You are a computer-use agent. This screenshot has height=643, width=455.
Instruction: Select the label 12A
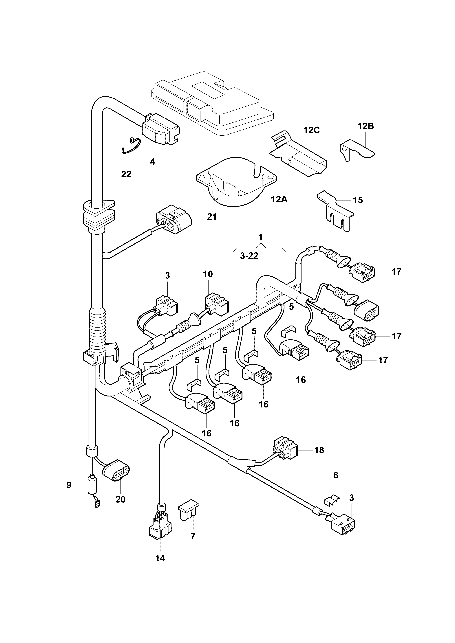(x=279, y=199)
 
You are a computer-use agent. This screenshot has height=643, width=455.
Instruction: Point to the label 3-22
(x=249, y=256)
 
